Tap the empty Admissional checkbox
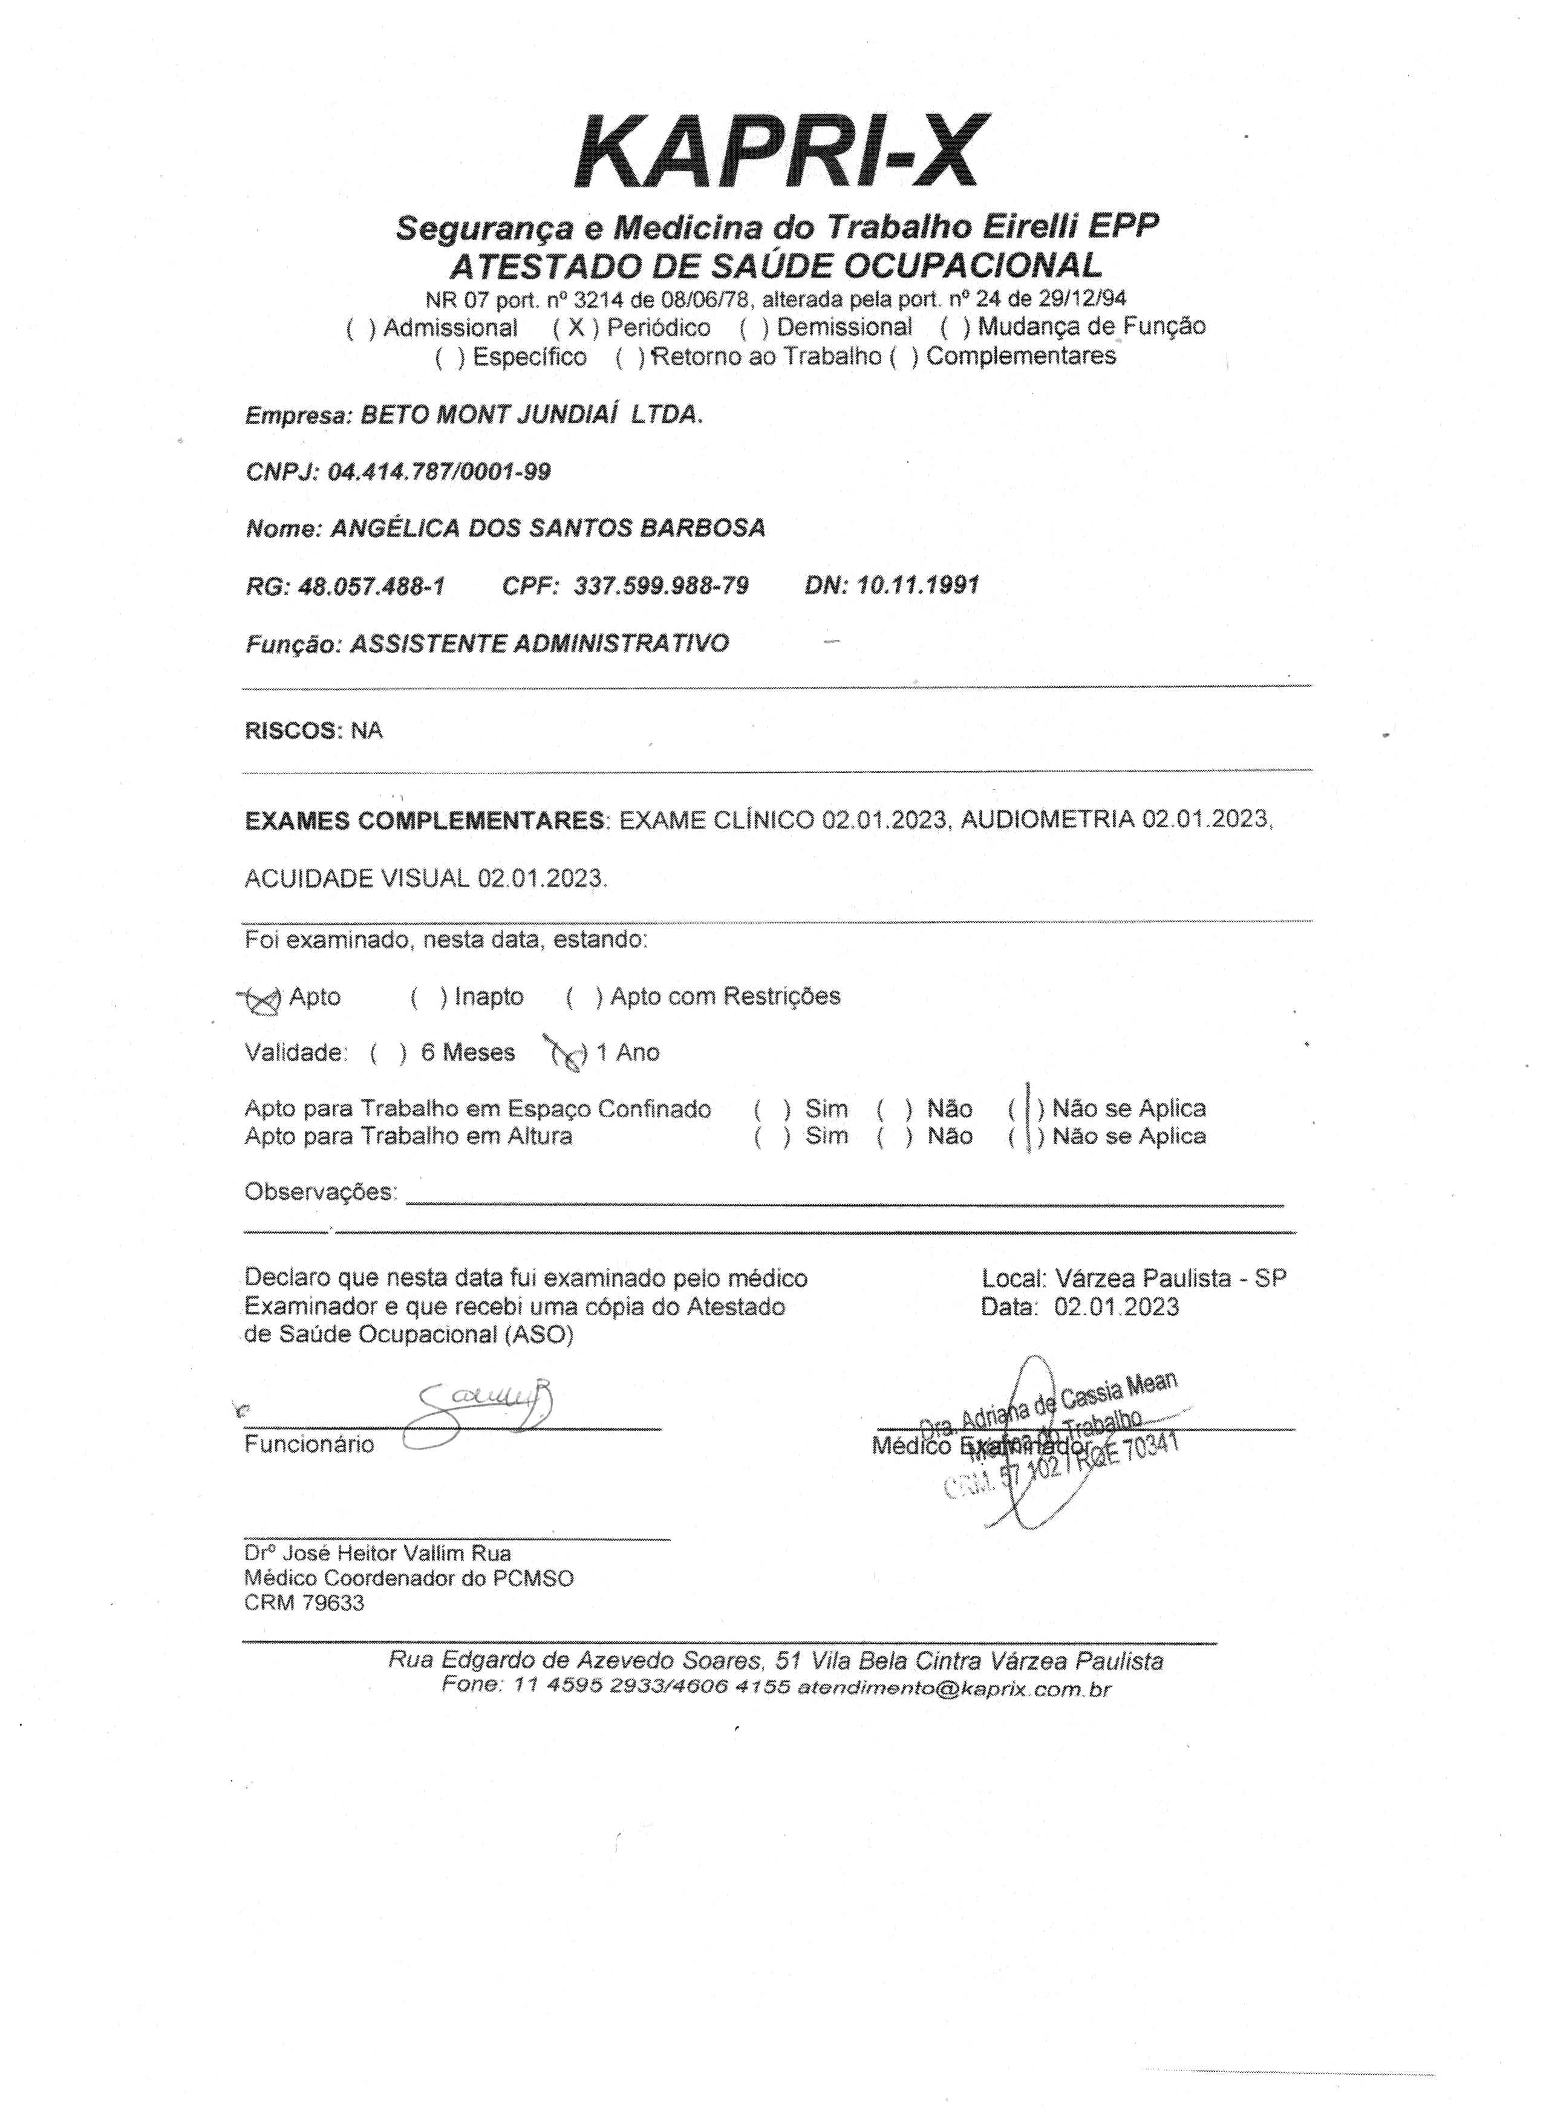click(x=361, y=328)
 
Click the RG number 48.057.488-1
click(x=371, y=587)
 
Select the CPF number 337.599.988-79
click(x=661, y=587)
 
